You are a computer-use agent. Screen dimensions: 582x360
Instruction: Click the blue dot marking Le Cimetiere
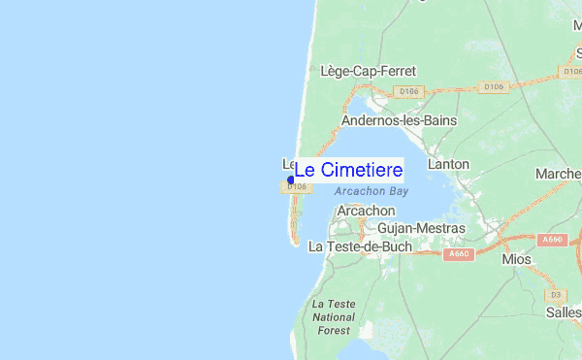pyautogui.click(x=291, y=180)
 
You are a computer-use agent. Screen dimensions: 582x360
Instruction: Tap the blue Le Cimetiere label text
pyautogui.click(x=347, y=170)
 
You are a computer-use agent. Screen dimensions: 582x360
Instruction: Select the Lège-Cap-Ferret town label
pyautogui.click(x=368, y=71)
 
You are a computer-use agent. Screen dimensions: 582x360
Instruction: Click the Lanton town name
pyautogui.click(x=448, y=164)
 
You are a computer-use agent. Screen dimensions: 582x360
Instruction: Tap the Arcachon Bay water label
pyautogui.click(x=371, y=192)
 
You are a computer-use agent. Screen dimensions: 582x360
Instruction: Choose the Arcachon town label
pyautogui.click(x=366, y=211)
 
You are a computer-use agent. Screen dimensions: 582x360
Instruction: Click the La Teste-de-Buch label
pyautogui.click(x=360, y=246)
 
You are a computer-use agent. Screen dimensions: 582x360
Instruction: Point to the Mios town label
pyautogui.click(x=517, y=260)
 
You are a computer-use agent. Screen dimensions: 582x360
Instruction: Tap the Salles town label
pyautogui.click(x=563, y=311)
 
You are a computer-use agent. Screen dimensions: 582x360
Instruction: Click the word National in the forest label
pyautogui.click(x=334, y=317)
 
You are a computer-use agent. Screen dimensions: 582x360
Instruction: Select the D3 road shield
pyautogui.click(x=556, y=293)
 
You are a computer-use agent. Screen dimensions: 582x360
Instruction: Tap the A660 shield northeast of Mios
pyautogui.click(x=553, y=239)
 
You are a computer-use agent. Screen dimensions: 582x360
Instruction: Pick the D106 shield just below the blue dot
pyautogui.click(x=297, y=186)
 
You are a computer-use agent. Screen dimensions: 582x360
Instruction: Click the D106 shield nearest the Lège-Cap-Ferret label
pyautogui.click(x=406, y=91)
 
